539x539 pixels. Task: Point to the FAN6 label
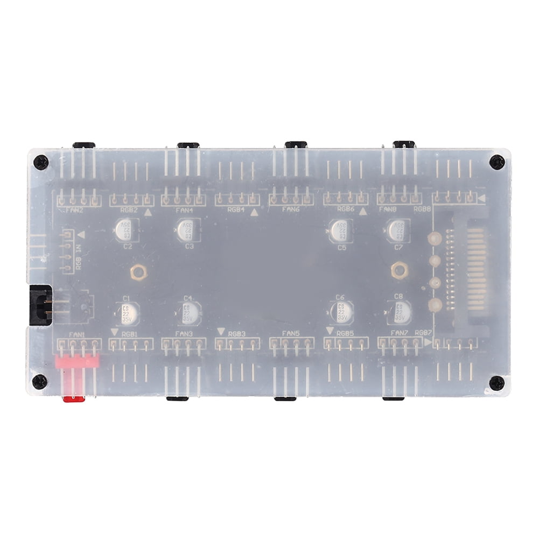tap(290, 209)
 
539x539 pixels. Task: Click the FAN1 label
tap(77, 334)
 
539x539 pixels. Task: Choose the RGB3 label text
tap(237, 334)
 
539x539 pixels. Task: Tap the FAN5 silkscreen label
tap(291, 334)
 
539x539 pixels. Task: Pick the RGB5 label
tap(345, 334)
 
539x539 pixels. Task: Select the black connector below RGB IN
tap(40, 305)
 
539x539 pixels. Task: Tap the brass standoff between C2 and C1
tap(138, 272)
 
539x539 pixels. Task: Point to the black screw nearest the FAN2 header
tap(40, 162)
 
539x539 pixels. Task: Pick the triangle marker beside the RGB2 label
tap(148, 213)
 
